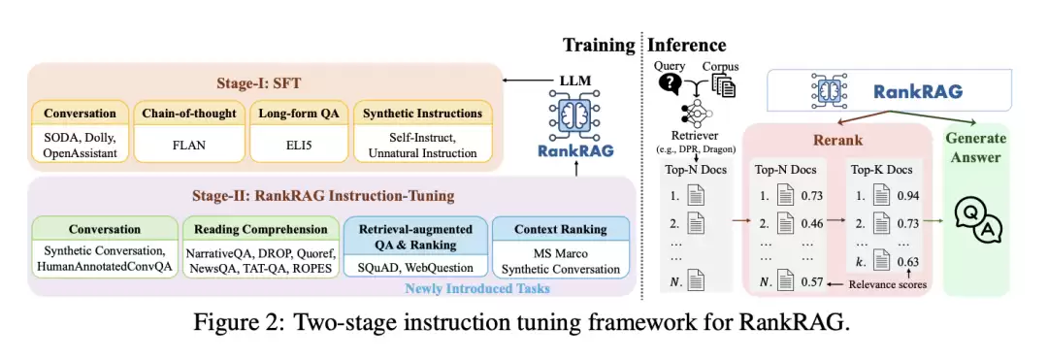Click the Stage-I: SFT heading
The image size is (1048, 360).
(x=262, y=84)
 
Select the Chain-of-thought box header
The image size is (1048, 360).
(x=189, y=114)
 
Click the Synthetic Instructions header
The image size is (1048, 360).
(x=422, y=113)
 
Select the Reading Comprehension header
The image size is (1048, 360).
(x=261, y=229)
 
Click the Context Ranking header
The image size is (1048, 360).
(x=560, y=229)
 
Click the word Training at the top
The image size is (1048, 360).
(x=598, y=46)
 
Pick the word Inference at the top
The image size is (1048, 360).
(x=686, y=45)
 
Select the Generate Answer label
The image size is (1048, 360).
(x=977, y=147)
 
